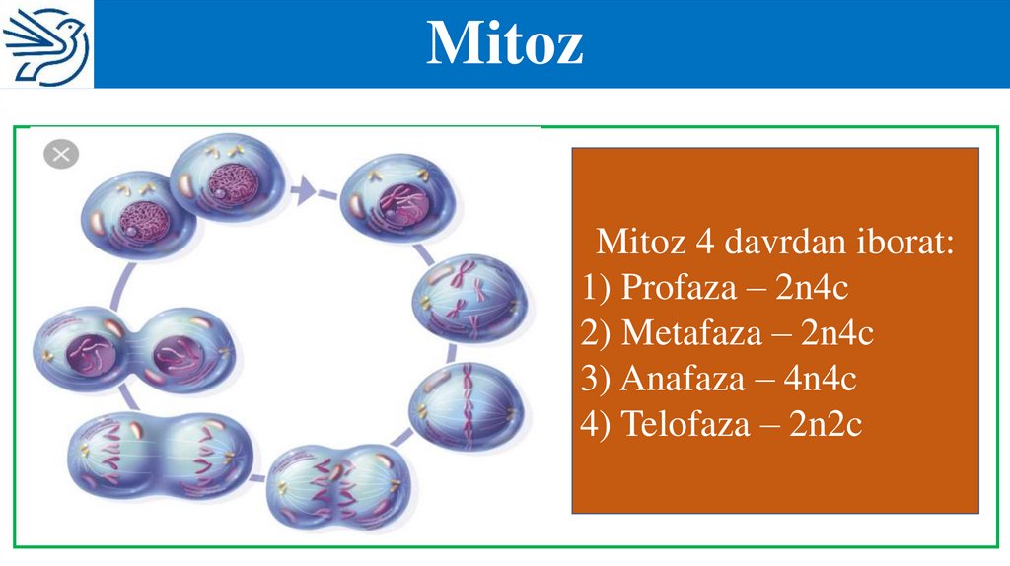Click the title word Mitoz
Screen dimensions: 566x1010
504,43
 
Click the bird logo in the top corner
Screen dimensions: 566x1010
46,44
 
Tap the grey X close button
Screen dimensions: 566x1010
61,154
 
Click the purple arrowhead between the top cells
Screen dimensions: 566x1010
306,188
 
